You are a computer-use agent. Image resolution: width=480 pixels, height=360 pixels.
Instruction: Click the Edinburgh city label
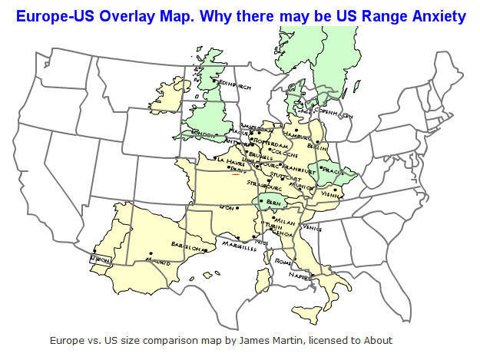coord(236,86)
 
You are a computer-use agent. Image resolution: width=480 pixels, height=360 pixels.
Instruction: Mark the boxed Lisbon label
coord(101,260)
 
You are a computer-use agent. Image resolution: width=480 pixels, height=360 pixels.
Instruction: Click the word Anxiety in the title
coord(431,15)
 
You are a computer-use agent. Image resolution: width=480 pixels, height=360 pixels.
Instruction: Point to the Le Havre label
coord(231,160)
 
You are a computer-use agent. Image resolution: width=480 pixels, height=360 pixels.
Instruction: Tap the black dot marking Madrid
coord(151,253)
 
